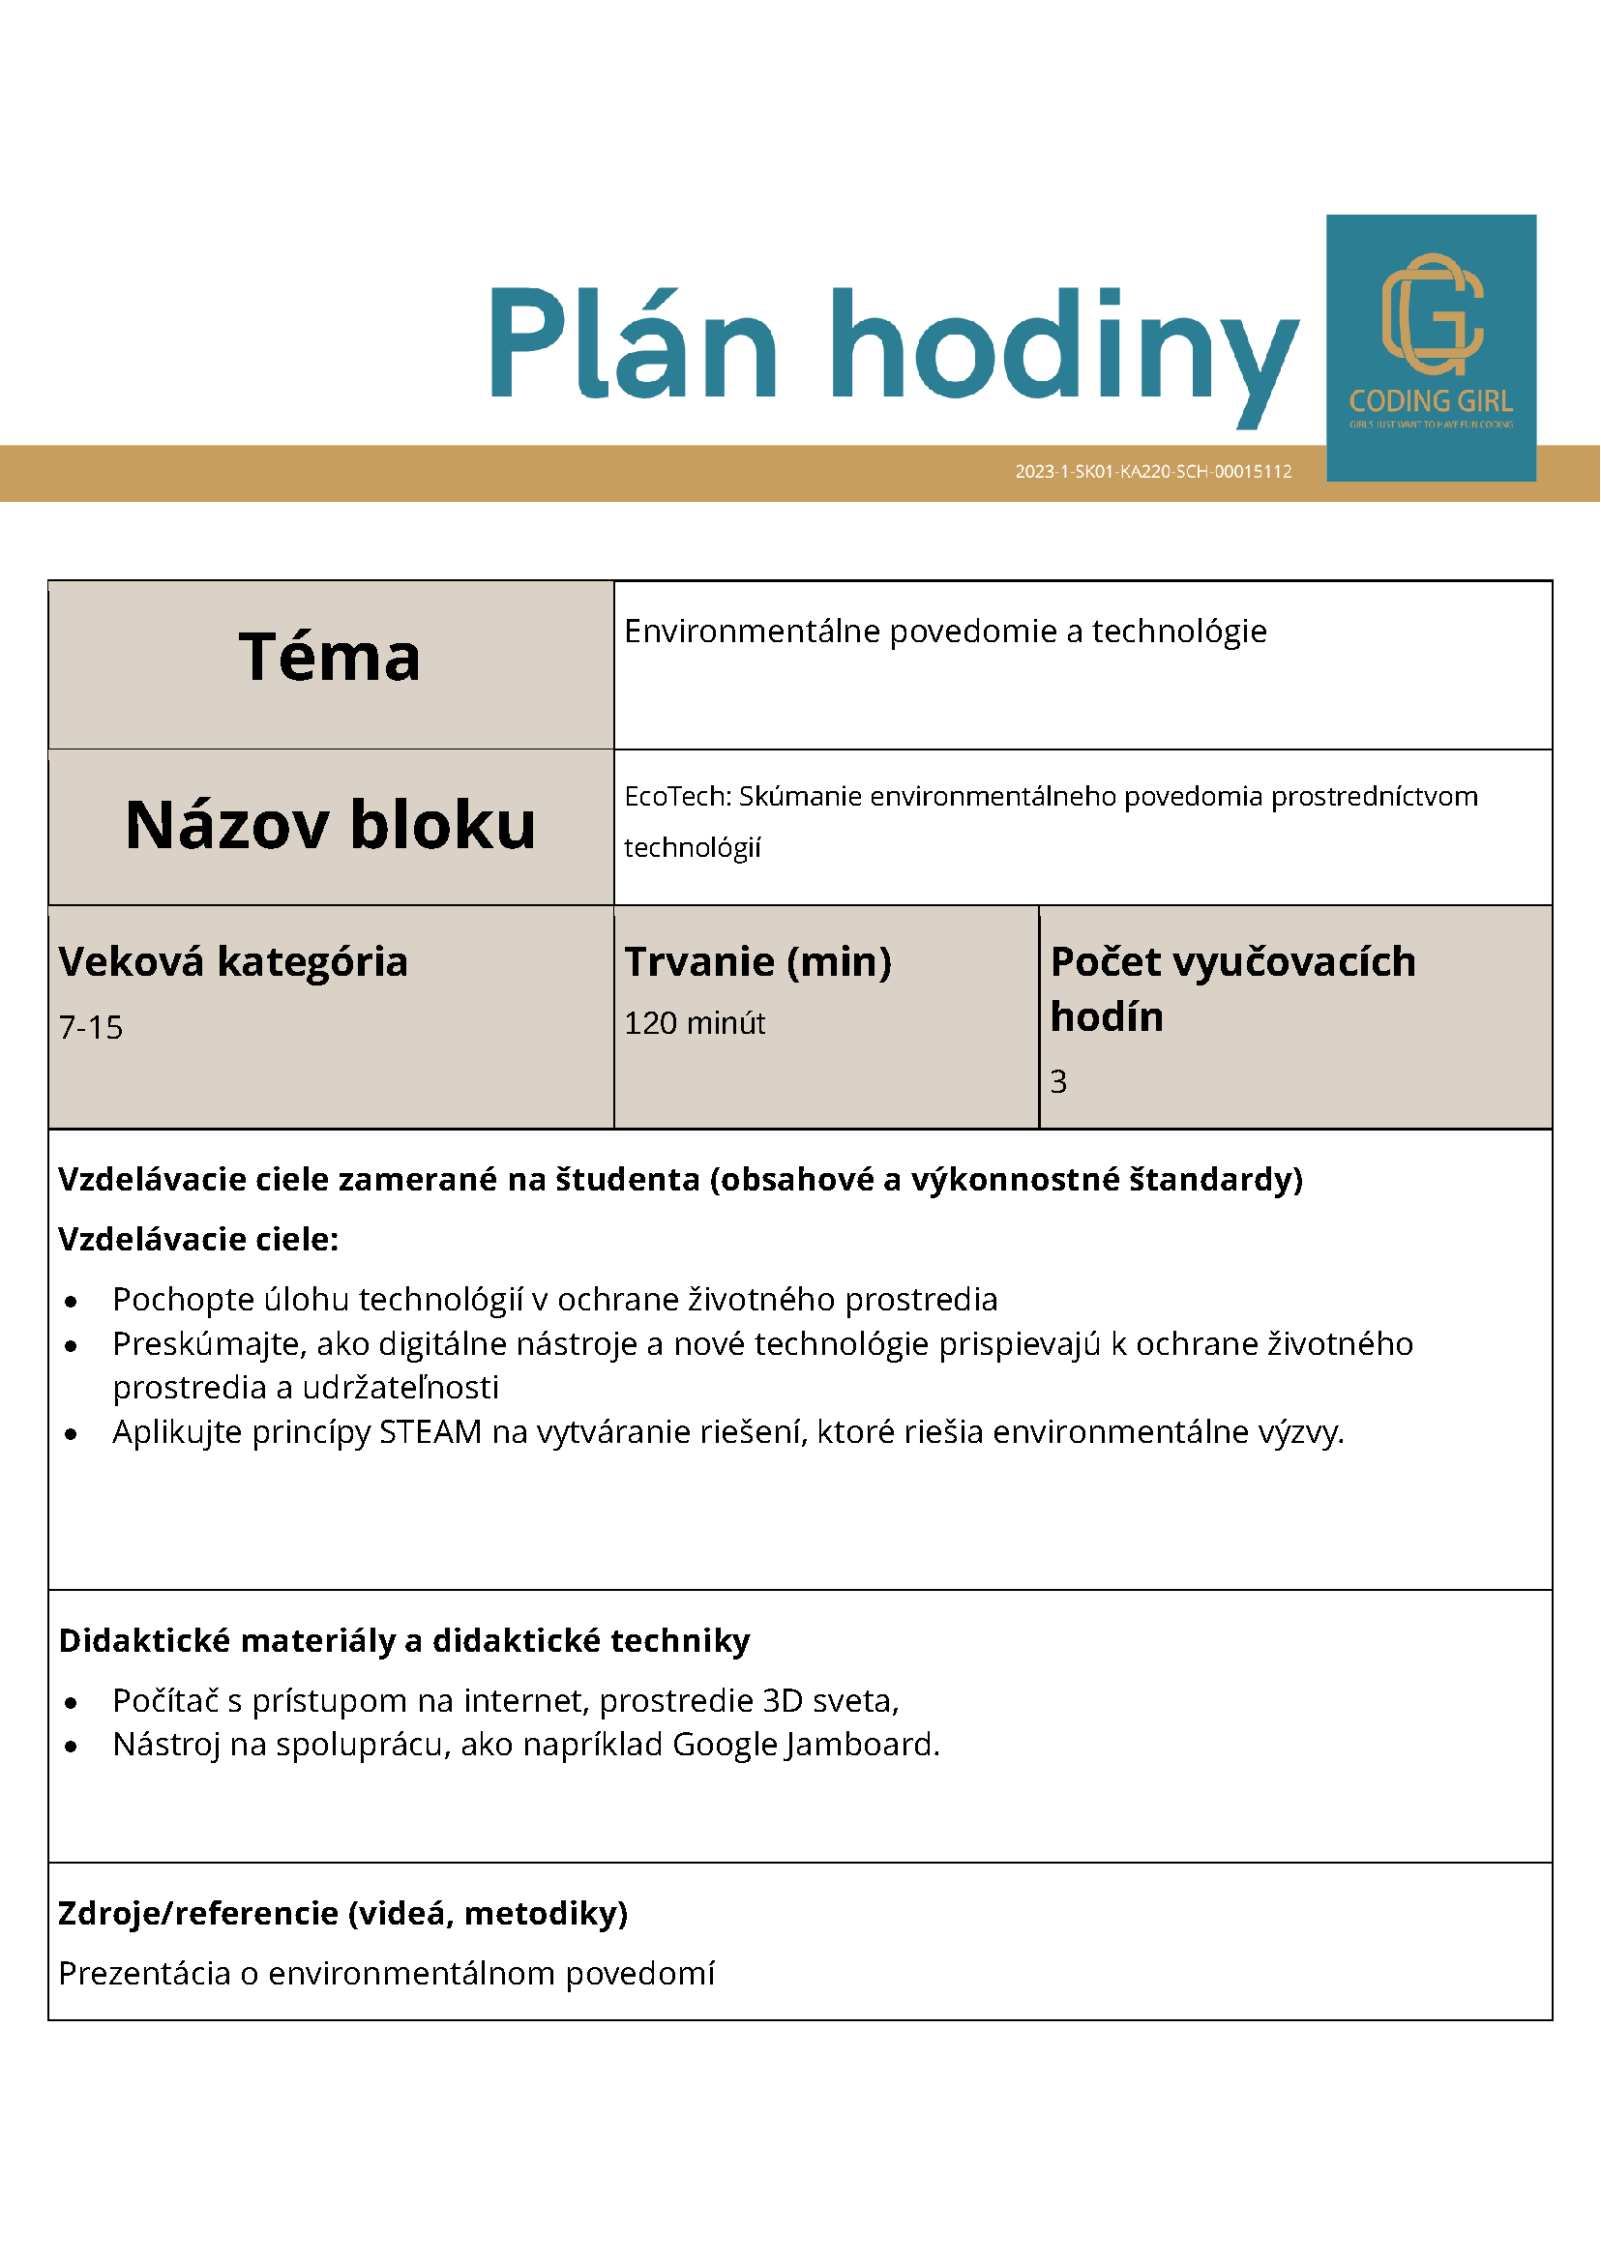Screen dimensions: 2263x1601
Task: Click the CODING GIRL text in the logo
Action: (x=1431, y=401)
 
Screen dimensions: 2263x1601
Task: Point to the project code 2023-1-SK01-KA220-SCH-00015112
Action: (x=1152, y=472)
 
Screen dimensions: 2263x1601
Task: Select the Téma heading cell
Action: (x=330, y=658)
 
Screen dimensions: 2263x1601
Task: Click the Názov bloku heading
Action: (x=330, y=825)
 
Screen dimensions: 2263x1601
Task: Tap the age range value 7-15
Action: (x=91, y=1028)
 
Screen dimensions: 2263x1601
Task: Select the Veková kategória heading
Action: (x=233, y=962)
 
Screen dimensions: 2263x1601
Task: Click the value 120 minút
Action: (x=694, y=1024)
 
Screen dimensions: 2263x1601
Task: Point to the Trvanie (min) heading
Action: (x=757, y=962)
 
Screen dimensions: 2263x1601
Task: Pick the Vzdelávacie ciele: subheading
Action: (x=198, y=1239)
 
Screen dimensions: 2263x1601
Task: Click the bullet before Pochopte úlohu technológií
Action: (x=71, y=1302)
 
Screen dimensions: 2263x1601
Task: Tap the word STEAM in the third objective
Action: (x=430, y=1431)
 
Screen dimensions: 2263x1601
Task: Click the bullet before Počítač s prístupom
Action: (x=71, y=1703)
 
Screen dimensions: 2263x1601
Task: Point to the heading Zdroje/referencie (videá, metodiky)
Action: (x=343, y=1913)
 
